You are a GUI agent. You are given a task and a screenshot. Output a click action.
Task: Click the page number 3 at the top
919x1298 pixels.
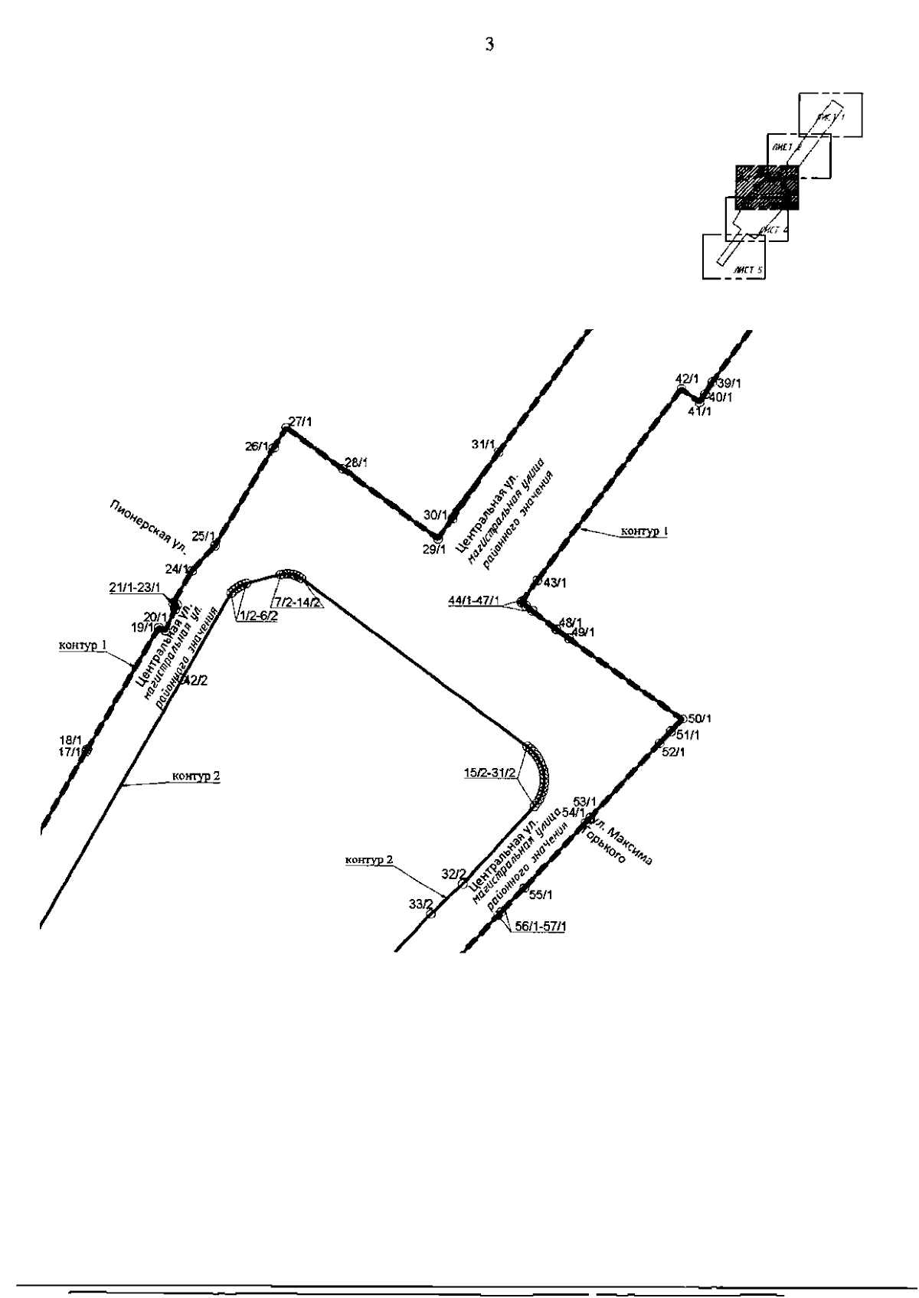click(490, 44)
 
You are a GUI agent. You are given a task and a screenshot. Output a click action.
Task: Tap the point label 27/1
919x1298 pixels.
click(301, 421)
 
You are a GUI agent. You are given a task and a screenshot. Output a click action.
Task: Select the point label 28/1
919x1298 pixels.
click(356, 463)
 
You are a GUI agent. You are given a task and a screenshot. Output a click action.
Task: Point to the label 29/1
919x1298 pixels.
click(433, 549)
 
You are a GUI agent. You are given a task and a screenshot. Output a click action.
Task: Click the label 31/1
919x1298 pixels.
click(483, 444)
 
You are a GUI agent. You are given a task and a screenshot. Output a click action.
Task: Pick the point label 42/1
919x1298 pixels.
click(687, 378)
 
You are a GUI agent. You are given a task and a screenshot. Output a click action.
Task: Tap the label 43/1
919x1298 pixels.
click(554, 583)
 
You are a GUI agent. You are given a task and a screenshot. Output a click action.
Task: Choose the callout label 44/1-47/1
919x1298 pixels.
click(473, 600)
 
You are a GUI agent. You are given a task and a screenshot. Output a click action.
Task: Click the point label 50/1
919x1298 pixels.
click(699, 718)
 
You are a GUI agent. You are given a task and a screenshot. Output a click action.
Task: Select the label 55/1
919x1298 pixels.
click(541, 894)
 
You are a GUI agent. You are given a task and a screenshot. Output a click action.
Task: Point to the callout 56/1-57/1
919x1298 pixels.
click(541, 927)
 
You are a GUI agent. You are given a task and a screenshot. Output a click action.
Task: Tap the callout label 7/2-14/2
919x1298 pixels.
click(296, 602)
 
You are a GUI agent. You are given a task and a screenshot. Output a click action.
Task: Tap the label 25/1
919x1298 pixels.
click(203, 536)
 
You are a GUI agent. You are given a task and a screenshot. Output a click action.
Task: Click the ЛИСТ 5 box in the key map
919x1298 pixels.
click(734, 257)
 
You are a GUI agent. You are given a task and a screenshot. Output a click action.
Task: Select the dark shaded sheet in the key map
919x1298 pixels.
click(767, 187)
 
